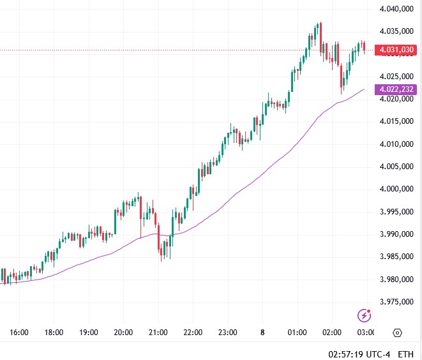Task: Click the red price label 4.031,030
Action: pyautogui.click(x=396, y=50)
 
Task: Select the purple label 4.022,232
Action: pyautogui.click(x=396, y=90)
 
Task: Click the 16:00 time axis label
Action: pyautogui.click(x=19, y=333)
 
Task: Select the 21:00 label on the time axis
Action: pyautogui.click(x=158, y=333)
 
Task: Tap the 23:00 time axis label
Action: pyautogui.click(x=227, y=333)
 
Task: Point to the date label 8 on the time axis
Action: pyautogui.click(x=262, y=333)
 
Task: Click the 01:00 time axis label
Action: pyautogui.click(x=297, y=333)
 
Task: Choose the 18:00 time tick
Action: pyautogui.click(x=54, y=333)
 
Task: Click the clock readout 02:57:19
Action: pyautogui.click(x=349, y=354)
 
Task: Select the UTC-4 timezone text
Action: pyautogui.click(x=381, y=354)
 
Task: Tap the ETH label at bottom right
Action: pyautogui.click(x=405, y=354)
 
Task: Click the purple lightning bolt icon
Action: pyautogui.click(x=365, y=315)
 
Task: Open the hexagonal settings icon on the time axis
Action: pyautogui.click(x=398, y=333)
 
